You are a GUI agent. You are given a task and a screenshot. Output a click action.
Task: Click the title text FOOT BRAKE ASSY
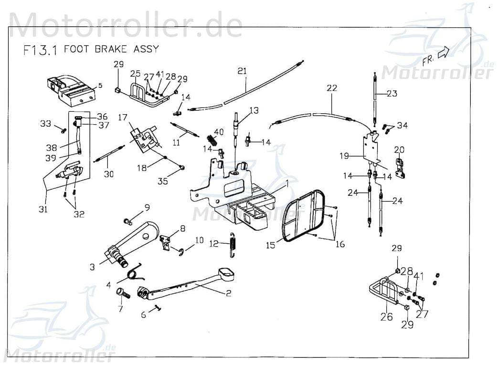(x=111, y=49)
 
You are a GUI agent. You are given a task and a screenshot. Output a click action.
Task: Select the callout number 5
(x=100, y=86)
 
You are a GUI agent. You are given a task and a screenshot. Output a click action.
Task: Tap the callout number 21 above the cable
(x=243, y=71)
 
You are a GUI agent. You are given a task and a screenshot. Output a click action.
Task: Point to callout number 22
(x=332, y=88)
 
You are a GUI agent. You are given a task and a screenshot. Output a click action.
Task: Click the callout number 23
(x=392, y=94)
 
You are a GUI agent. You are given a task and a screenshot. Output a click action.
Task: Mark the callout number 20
(x=399, y=150)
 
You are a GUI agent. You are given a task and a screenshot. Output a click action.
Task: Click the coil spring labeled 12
(x=233, y=244)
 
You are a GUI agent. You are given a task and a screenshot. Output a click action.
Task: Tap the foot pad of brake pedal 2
(x=228, y=274)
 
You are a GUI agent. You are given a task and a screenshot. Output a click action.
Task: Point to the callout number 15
(x=271, y=246)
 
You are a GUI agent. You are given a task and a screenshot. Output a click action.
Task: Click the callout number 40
(x=219, y=132)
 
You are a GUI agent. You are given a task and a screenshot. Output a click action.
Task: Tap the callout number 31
(x=43, y=209)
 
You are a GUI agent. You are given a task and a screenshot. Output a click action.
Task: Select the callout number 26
(x=387, y=316)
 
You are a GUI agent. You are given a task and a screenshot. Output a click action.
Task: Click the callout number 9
(x=147, y=207)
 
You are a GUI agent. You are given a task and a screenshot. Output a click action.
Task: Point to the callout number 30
(x=109, y=174)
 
